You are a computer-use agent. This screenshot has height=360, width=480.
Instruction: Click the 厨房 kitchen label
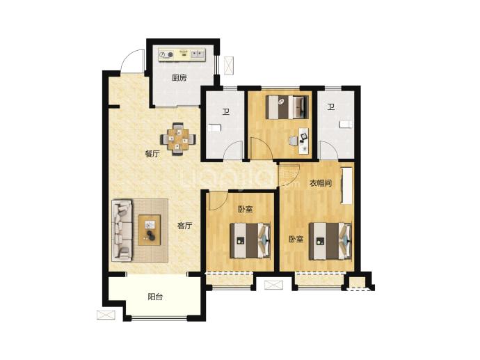point(179,78)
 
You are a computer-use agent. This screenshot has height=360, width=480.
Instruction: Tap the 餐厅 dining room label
point(152,153)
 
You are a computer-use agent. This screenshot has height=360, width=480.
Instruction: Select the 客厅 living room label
point(184,226)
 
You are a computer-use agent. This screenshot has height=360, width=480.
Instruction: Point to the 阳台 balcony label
point(155,297)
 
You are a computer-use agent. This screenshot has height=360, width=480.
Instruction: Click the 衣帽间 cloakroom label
point(321,183)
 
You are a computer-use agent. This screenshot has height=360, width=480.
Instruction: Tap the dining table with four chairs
point(178,139)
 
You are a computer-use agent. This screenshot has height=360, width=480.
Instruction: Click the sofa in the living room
point(122,230)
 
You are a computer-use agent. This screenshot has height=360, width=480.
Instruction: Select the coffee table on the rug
point(150,230)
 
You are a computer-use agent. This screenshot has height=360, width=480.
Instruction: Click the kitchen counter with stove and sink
point(182,55)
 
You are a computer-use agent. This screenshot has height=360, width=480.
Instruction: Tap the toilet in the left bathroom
point(214,127)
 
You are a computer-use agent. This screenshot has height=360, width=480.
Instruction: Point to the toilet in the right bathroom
point(346,125)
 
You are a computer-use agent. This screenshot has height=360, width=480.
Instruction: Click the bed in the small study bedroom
point(287,107)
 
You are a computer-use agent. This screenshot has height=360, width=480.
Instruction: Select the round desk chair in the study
point(293,141)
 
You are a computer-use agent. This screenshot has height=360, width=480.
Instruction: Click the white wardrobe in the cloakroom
point(346,185)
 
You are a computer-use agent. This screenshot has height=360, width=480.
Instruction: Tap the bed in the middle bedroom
point(250,240)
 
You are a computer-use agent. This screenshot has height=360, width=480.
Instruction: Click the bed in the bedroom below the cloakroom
point(330,241)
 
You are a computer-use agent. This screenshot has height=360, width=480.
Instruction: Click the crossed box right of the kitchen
point(229,65)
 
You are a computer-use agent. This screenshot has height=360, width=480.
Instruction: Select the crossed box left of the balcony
point(106,315)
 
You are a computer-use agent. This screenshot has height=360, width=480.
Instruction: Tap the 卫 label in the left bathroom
point(226,112)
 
